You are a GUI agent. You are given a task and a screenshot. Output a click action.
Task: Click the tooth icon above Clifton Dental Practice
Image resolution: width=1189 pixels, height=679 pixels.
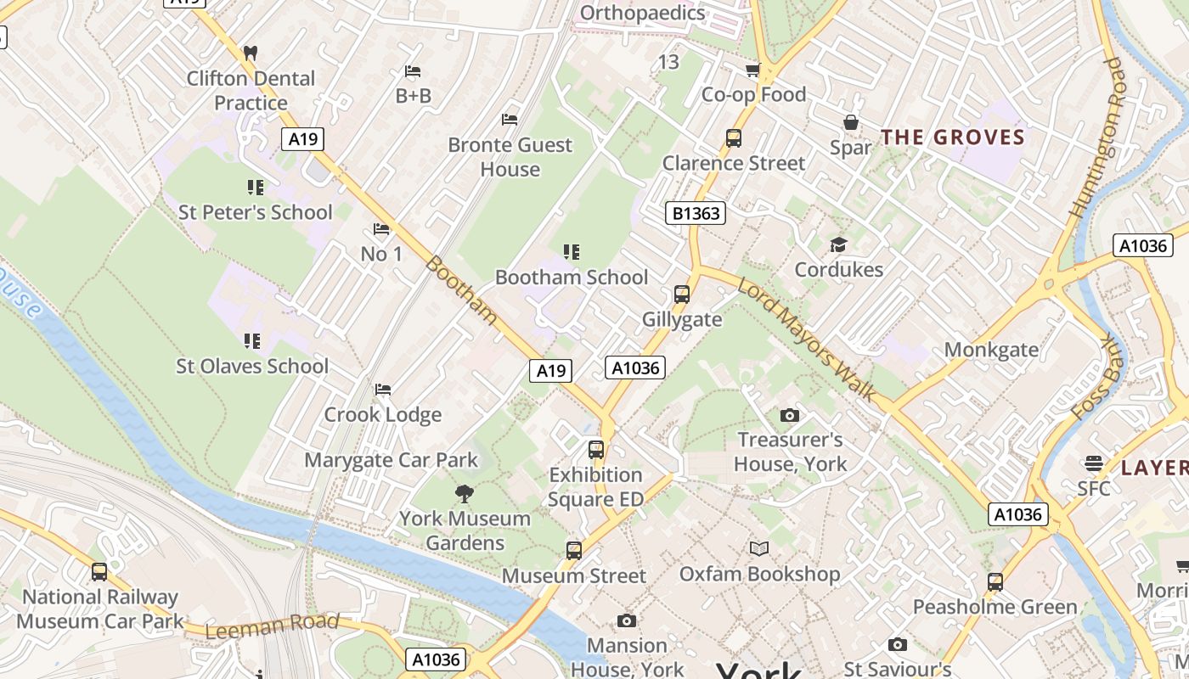click(x=250, y=53)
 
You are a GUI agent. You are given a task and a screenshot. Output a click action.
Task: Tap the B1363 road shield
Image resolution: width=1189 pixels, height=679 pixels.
click(x=696, y=213)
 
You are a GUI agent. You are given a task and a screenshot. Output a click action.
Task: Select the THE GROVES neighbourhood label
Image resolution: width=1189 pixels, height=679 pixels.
click(x=952, y=137)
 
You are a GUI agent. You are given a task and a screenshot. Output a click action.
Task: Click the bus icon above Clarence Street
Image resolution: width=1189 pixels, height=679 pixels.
click(x=733, y=137)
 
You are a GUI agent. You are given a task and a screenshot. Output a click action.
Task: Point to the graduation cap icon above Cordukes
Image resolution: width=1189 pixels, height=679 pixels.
click(x=838, y=245)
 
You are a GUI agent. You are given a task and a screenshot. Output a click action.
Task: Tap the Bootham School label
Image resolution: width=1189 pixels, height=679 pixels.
click(x=571, y=278)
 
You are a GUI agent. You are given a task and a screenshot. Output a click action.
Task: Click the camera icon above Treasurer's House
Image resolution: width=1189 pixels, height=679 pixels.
click(x=789, y=415)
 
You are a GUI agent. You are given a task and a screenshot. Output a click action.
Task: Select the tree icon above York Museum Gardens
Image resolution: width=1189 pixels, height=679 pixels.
click(x=464, y=493)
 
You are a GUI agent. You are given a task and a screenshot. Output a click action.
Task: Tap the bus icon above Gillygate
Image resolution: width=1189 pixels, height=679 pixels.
click(x=681, y=295)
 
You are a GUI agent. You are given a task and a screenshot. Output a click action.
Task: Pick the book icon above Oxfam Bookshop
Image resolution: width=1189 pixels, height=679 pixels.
click(x=758, y=548)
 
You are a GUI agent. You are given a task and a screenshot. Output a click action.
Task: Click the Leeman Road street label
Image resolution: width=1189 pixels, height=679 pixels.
click(x=272, y=626)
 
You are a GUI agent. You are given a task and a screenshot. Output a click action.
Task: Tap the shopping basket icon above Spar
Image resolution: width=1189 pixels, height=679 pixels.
click(x=850, y=123)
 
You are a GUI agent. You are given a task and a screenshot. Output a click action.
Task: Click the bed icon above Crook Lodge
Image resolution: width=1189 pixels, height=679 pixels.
click(x=383, y=390)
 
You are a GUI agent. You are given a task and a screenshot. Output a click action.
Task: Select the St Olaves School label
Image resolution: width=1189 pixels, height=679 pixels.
click(x=252, y=367)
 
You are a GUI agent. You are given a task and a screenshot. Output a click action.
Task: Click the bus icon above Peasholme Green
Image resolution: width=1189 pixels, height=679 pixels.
click(x=995, y=582)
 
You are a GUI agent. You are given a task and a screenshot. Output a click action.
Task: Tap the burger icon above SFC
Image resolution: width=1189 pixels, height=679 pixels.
click(x=1093, y=463)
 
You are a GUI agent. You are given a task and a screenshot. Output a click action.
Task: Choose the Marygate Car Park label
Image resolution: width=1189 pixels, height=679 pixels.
click(x=392, y=460)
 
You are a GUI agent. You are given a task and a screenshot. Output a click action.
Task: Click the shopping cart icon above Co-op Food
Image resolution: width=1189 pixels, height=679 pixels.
click(x=752, y=70)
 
